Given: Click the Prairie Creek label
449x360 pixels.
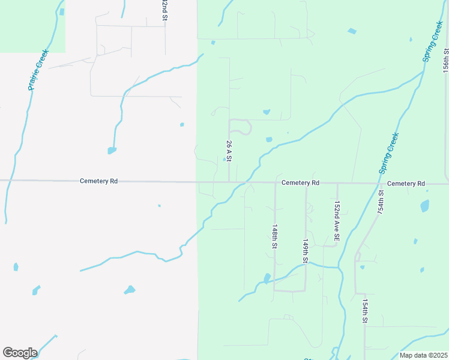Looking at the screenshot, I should [x=37, y=70].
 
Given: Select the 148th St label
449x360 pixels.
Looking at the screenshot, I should [x=274, y=237].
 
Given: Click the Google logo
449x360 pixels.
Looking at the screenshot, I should [x=20, y=353].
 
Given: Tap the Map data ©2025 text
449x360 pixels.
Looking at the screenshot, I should [x=423, y=355].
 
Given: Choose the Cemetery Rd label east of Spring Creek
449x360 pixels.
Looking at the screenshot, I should [x=406, y=183].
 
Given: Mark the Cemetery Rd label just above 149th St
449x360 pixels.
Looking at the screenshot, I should [x=300, y=182].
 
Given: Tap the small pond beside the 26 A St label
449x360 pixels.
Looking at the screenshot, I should [x=224, y=159].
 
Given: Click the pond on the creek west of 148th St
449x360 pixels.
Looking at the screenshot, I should [x=267, y=278].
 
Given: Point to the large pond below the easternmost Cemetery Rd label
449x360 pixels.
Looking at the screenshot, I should [x=425, y=206].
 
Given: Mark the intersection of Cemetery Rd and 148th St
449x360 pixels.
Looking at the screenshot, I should [x=275, y=183].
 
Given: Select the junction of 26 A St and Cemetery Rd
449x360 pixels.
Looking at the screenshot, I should [x=229, y=182].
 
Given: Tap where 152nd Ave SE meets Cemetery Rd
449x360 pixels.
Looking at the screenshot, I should [x=337, y=184].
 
